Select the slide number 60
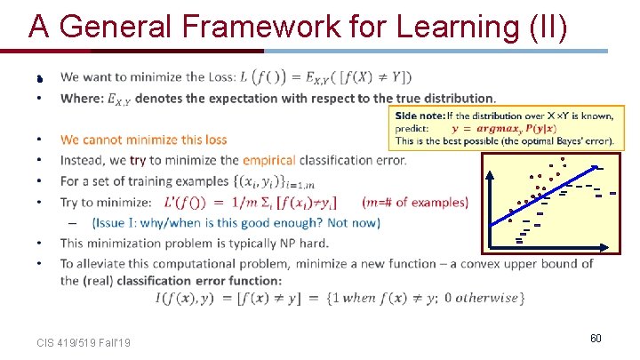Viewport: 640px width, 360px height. [x=595, y=339]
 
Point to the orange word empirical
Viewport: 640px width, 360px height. [x=269, y=160]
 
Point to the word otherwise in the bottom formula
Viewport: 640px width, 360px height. [x=488, y=298]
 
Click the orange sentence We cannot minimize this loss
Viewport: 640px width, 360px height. [x=143, y=140]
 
